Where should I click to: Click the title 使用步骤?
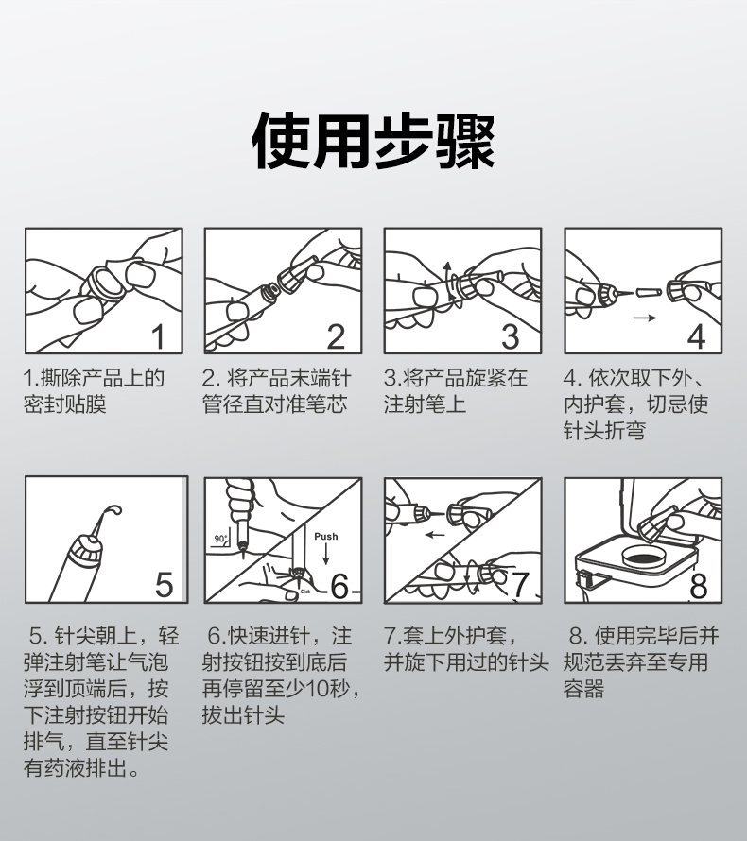click(373, 141)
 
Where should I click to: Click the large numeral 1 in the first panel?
click(158, 336)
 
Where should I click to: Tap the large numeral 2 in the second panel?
click(337, 336)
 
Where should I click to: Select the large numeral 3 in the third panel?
click(511, 336)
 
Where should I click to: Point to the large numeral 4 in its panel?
click(696, 336)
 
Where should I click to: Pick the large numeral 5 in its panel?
click(165, 585)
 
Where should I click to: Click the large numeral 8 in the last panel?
click(698, 586)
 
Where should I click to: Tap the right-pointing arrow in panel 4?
click(645, 318)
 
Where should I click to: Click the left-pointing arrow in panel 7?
click(435, 534)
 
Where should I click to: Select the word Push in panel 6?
click(326, 537)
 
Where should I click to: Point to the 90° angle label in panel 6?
click(220, 539)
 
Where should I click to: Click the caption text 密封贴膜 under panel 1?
click(65, 403)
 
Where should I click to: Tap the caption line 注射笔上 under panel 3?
click(425, 403)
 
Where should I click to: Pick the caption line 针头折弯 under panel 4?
click(605, 430)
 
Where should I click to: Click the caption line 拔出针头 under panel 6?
click(243, 715)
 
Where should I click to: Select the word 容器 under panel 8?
click(583, 688)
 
